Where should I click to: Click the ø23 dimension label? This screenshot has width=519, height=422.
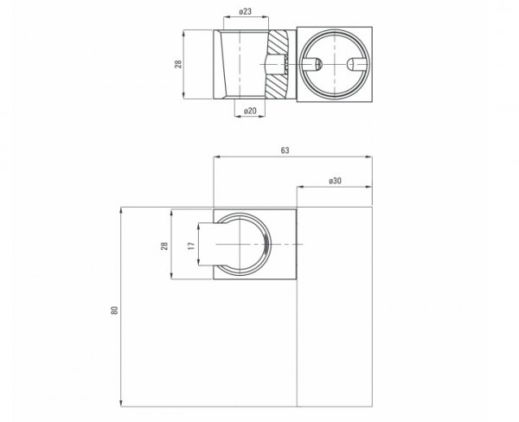pyautogui.click(x=246, y=11)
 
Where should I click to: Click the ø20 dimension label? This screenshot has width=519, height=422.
pyautogui.click(x=250, y=111)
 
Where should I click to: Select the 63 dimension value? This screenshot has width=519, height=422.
pyautogui.click(x=285, y=150)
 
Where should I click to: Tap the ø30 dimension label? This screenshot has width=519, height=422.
pyautogui.click(x=335, y=181)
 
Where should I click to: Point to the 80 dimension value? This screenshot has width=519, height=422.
pyautogui.click(x=114, y=310)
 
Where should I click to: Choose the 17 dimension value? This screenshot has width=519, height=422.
pyautogui.click(x=191, y=246)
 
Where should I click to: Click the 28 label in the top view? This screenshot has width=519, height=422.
pyautogui.click(x=178, y=64)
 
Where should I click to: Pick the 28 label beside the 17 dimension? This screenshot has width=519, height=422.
pyautogui.click(x=164, y=246)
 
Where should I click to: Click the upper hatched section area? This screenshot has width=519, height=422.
pyautogui.click(x=279, y=42)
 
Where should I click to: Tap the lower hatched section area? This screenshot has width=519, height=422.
pyautogui.click(x=278, y=86)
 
